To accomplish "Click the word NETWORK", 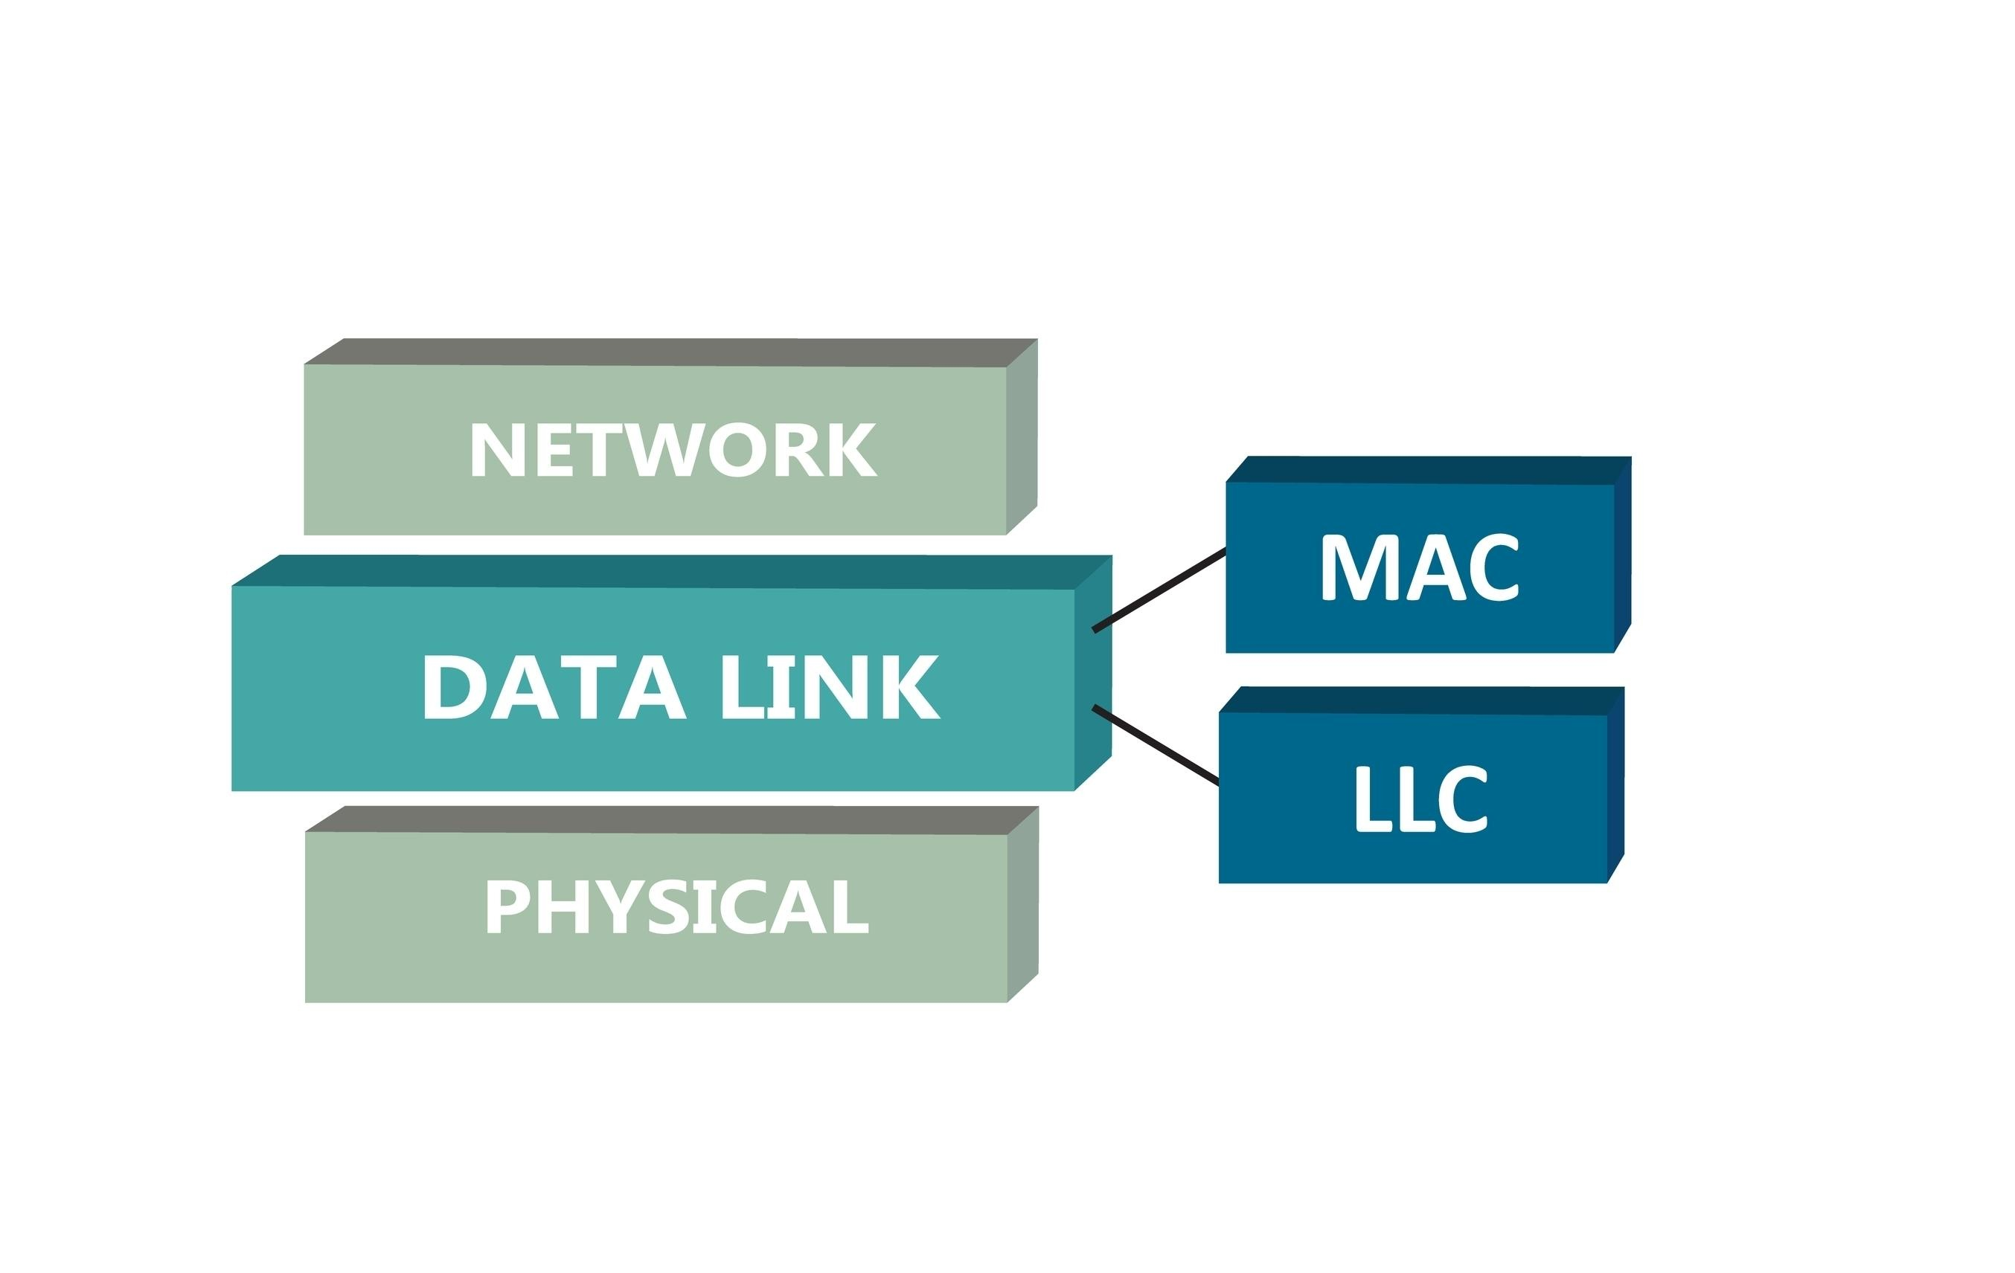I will (673, 449).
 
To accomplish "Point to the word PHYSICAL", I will (677, 906).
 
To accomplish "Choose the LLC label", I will (1420, 799).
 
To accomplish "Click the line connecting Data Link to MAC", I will (1159, 590).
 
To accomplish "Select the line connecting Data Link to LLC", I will (1155, 746).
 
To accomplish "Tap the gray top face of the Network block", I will (670, 352).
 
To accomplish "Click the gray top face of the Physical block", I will (670, 819).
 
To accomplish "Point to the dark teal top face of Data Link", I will (670, 571).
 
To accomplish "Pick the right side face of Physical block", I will (1022, 904).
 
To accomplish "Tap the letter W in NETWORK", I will (664, 449).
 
